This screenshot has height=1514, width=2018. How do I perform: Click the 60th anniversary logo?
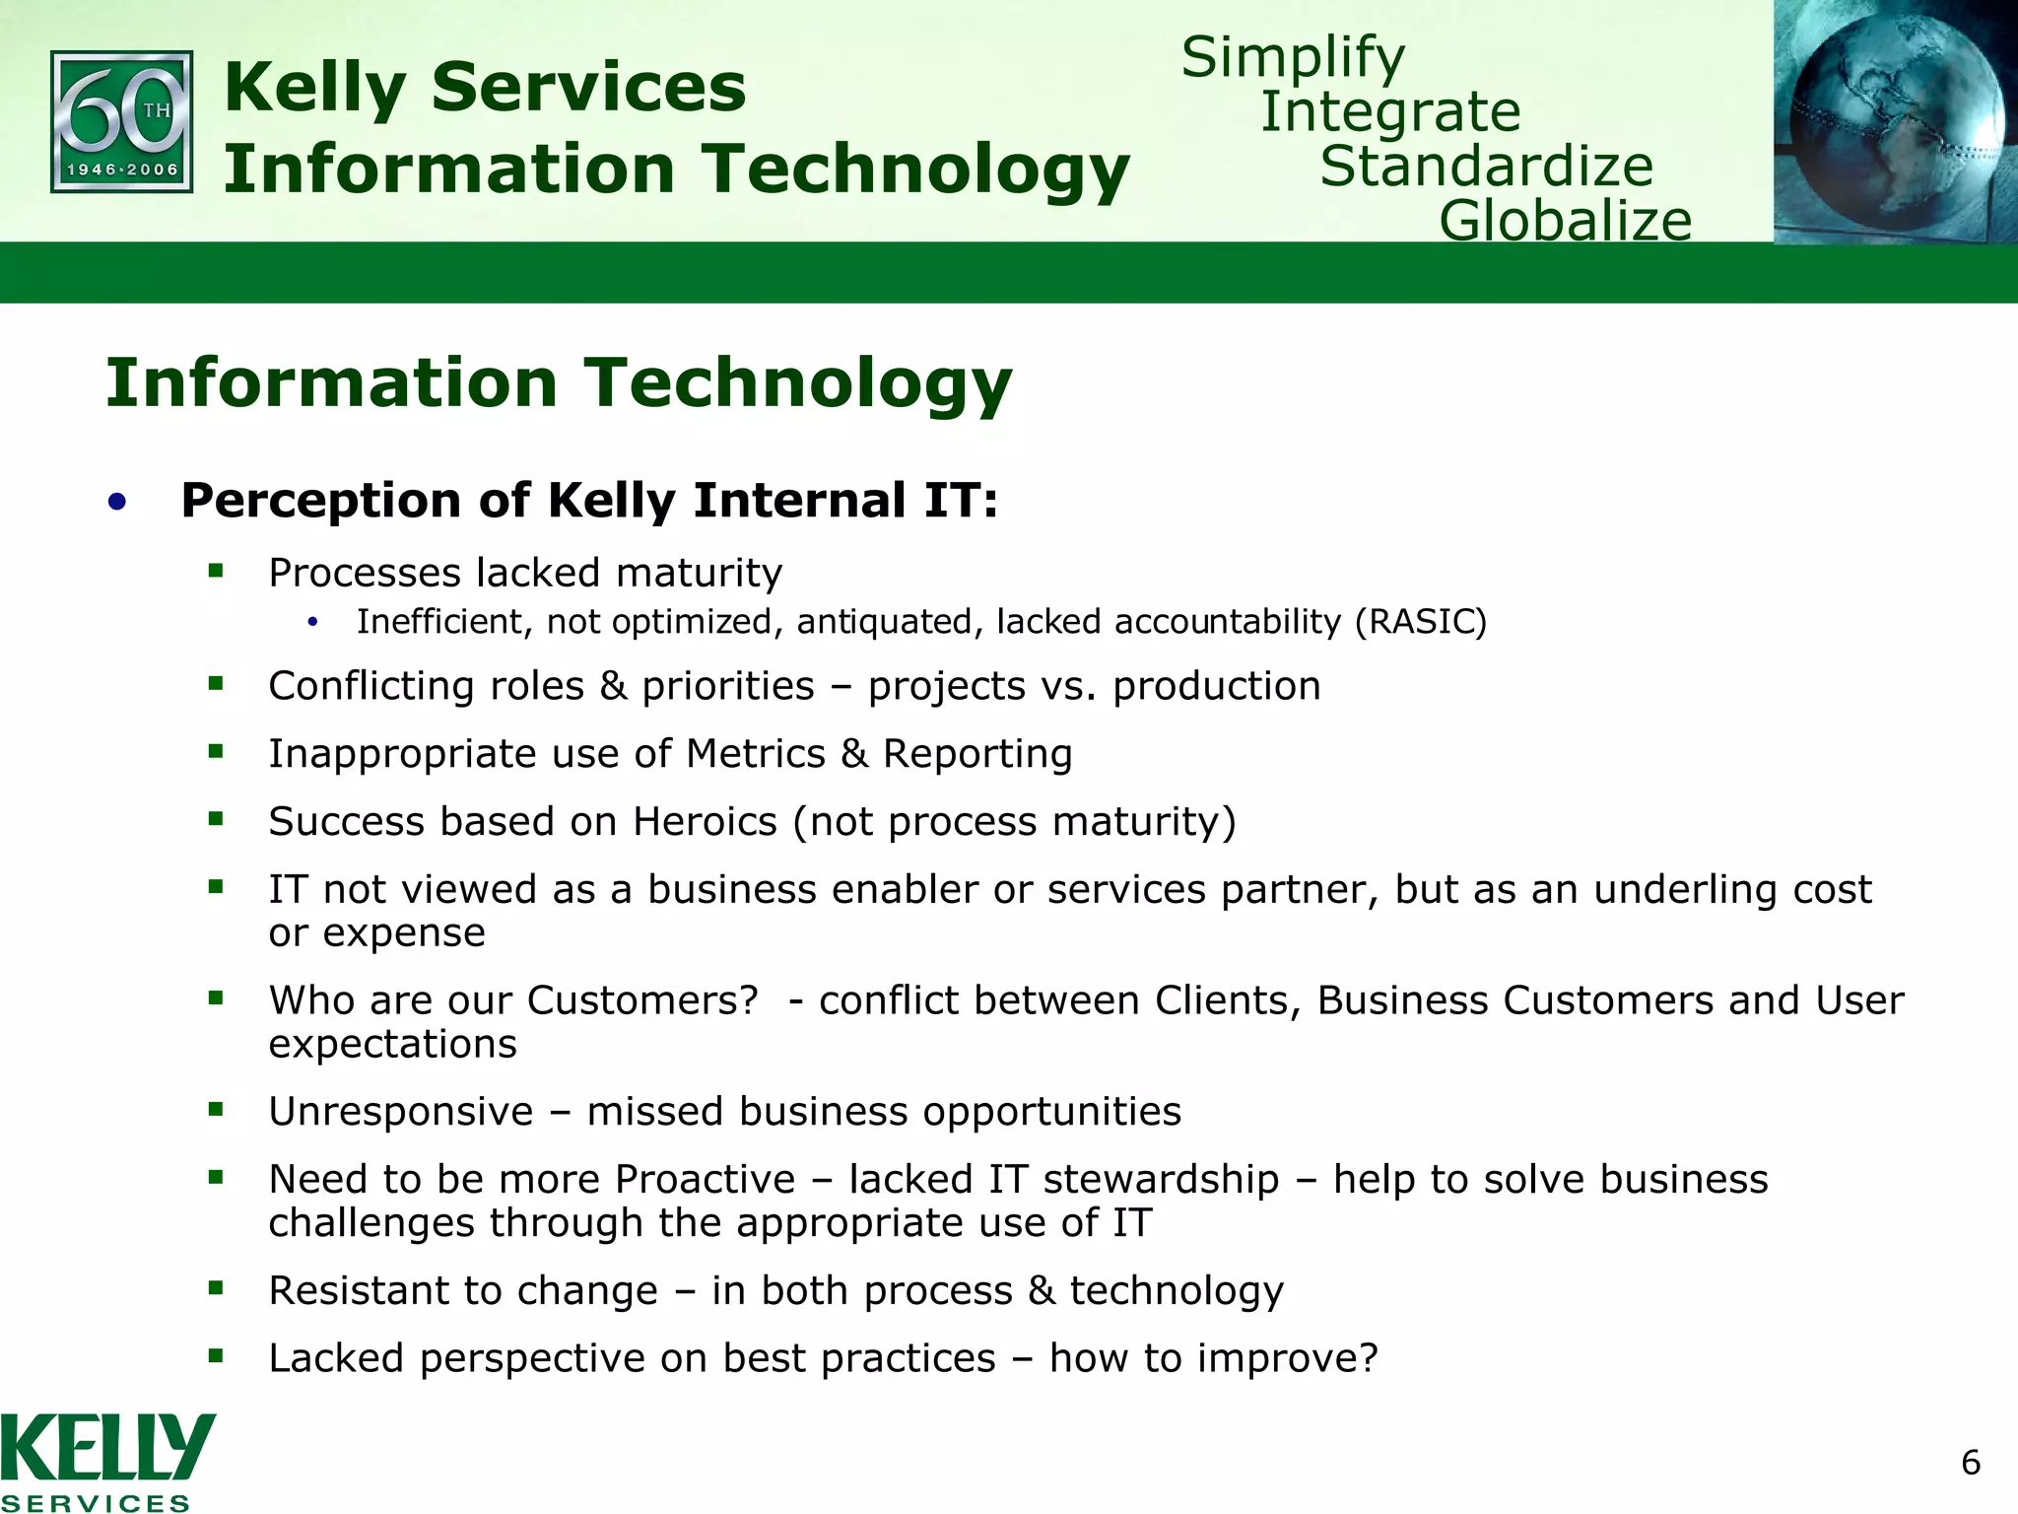(121, 121)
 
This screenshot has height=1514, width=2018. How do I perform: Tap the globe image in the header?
(1895, 121)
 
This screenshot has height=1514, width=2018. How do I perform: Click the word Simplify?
(1293, 57)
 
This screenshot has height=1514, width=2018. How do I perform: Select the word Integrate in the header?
(1390, 111)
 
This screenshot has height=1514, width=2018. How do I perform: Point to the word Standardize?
(1486, 166)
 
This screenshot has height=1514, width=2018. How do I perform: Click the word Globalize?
(1565, 220)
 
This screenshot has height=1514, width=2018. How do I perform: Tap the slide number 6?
(1970, 1463)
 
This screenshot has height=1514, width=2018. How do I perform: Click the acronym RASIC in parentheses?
(1420, 622)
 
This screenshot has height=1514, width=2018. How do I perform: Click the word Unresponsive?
(400, 1111)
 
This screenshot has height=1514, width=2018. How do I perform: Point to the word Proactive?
(705, 1179)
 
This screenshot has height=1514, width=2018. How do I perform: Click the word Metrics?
(755, 753)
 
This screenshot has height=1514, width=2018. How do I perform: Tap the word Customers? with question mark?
(642, 999)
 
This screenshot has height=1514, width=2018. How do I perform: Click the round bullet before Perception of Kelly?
(117, 503)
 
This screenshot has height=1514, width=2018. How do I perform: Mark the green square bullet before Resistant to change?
(216, 1286)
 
